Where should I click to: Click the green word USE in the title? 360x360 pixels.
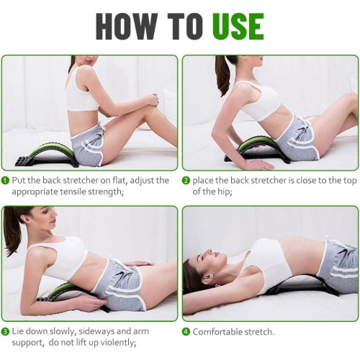pos(238,27)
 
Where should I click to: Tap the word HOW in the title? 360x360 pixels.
pos(127,27)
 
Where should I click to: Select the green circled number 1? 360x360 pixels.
pos(5,181)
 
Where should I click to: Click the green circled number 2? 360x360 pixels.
pos(186,181)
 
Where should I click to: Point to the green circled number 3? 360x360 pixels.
pos(5,332)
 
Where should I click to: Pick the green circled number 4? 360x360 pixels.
pos(186,332)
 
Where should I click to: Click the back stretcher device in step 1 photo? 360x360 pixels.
pos(45,155)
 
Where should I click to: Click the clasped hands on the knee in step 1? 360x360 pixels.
pos(153,100)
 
